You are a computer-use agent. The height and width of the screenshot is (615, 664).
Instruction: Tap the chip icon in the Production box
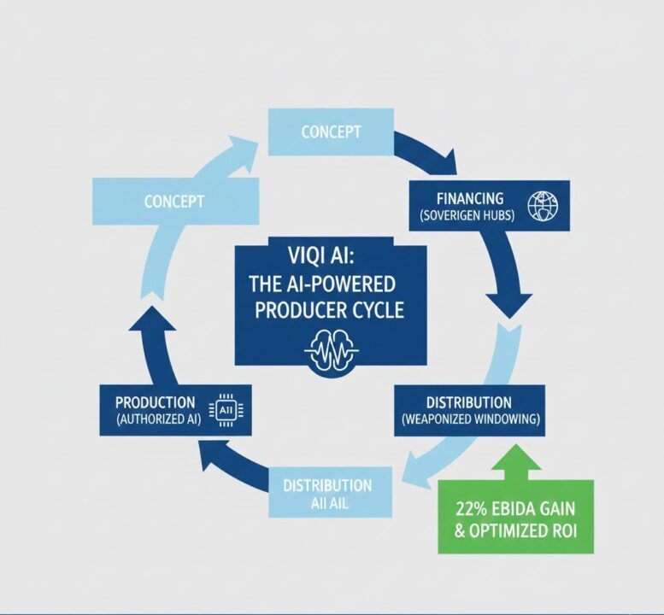[226, 408]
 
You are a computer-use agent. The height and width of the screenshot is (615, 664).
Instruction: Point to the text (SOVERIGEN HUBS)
[467, 215]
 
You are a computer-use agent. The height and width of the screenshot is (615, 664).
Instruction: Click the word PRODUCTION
[155, 401]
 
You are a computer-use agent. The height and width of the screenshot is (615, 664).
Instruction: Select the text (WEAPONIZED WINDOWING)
[469, 420]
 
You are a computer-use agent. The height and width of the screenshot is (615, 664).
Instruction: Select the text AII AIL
[326, 503]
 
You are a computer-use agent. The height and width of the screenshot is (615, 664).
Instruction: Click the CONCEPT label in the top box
[331, 132]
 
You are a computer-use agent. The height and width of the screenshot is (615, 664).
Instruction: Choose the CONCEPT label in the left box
[173, 202]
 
